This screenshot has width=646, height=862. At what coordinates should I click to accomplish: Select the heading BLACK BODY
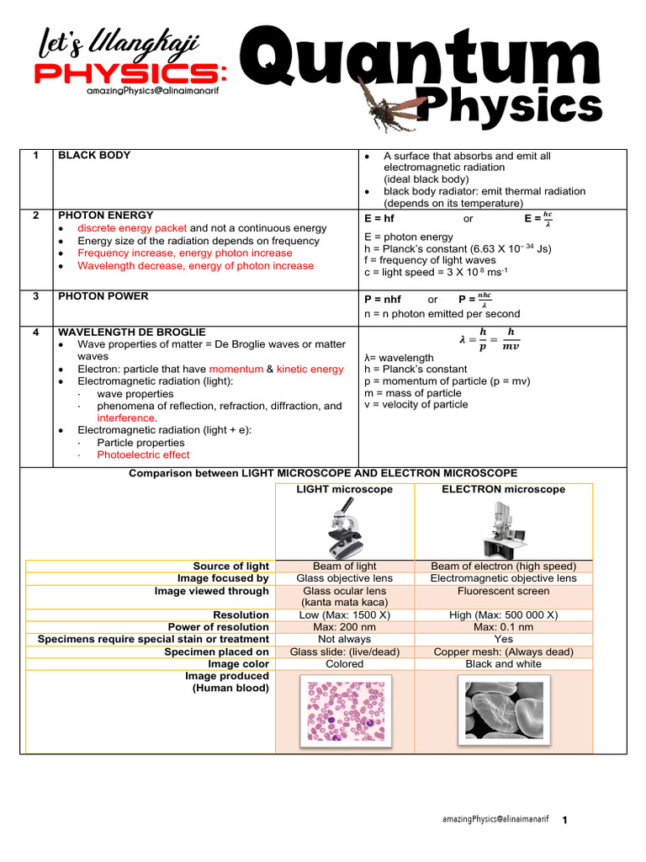pyautogui.click(x=93, y=156)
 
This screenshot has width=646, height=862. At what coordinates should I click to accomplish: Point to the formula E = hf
pyautogui.click(x=379, y=219)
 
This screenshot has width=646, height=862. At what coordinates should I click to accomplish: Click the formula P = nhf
pyautogui.click(x=383, y=300)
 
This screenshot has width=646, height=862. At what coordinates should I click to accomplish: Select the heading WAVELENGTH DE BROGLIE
pyautogui.click(x=131, y=333)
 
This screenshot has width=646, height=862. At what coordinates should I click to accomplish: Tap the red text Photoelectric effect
pyautogui.click(x=143, y=455)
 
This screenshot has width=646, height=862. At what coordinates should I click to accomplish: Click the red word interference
pyautogui.click(x=126, y=418)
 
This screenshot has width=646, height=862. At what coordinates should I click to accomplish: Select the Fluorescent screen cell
pyautogui.click(x=503, y=591)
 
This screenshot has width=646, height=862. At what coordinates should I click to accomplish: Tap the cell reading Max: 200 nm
pyautogui.click(x=345, y=627)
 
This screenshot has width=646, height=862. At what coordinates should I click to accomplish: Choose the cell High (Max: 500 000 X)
pyautogui.click(x=503, y=615)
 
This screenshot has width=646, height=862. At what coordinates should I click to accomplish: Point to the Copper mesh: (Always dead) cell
pyautogui.click(x=503, y=652)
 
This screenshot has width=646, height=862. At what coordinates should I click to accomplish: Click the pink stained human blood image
pyautogui.click(x=345, y=710)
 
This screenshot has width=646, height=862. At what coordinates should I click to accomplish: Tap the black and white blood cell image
pyautogui.click(x=503, y=710)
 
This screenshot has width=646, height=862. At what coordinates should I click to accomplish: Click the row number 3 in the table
pyautogui.click(x=36, y=295)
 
